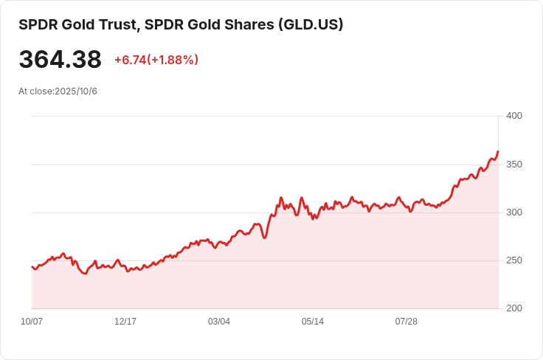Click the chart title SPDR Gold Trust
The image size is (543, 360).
pos(77,24)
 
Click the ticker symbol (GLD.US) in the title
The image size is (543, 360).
pos(310,24)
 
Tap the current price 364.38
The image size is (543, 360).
pos(60,60)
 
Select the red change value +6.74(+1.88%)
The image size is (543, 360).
pos(156,60)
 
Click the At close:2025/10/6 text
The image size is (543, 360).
pos(58,91)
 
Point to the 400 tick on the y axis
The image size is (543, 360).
pos(514,116)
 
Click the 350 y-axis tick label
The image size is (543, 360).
pos(514,164)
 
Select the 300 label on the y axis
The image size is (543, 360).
pos(514,212)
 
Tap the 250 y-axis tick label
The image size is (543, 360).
pos(514,260)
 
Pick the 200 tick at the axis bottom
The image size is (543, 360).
pos(514,308)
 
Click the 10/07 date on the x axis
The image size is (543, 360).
pos(32,322)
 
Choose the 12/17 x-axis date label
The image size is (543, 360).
pos(125,322)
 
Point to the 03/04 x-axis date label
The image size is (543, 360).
pos(219,322)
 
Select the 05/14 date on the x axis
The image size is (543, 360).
pos(313,322)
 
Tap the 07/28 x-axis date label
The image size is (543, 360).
pos(407,322)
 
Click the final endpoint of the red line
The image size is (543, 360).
pos(498,152)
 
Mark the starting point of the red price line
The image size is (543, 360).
pos(32,267)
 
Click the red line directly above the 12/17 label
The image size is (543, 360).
pos(125,266)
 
